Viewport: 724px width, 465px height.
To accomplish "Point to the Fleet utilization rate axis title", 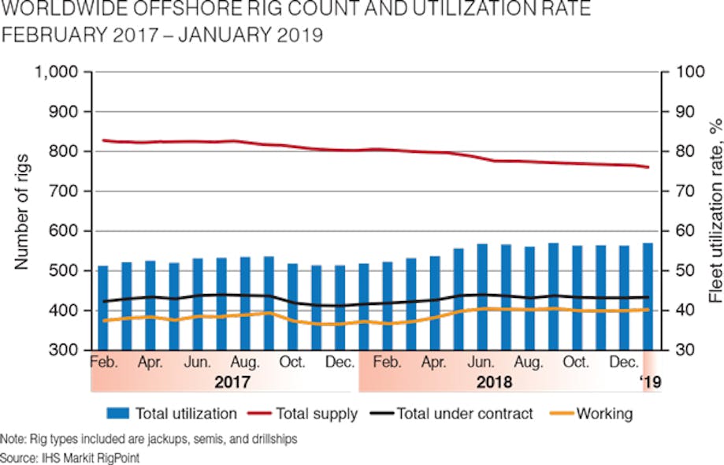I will pyautogui.click(x=714, y=211).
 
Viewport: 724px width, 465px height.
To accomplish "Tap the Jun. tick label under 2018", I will pyautogui.click(x=481, y=363).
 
